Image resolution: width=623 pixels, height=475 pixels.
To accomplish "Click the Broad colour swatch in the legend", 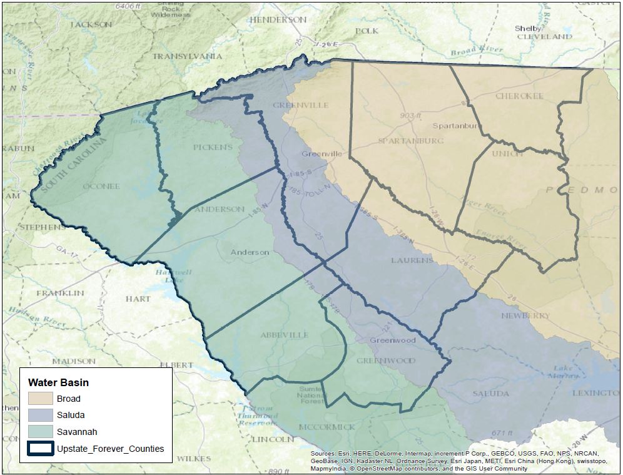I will (40, 399).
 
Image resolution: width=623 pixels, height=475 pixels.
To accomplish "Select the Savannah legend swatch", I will (40, 431).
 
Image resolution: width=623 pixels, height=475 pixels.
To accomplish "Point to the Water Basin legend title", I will (58, 382).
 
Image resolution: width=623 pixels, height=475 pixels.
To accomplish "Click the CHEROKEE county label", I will (519, 96).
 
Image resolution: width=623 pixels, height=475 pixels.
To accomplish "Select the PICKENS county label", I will (213, 147).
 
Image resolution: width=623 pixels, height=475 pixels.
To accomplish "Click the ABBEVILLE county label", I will (285, 335).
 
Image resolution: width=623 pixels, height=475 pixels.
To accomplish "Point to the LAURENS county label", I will (412, 260).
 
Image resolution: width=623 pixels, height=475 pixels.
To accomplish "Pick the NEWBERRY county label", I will (525, 315).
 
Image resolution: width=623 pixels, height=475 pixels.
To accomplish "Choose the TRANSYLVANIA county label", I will (187, 56).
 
